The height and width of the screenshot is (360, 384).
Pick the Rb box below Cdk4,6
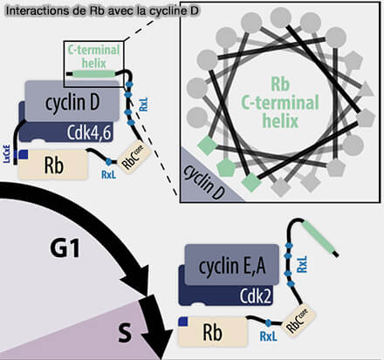[x=52, y=163]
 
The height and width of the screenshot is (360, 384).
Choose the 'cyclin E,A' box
[x=232, y=263]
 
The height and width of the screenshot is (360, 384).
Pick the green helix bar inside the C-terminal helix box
[x=95, y=74]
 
